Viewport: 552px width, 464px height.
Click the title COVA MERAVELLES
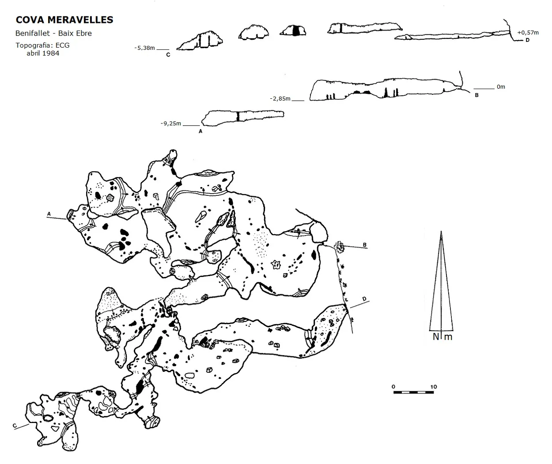coord(64,20)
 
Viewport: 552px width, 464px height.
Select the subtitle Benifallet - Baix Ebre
coord(54,33)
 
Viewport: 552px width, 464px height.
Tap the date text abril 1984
coord(43,53)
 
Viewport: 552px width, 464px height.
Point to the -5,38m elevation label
coord(144,48)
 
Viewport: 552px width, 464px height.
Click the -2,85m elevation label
coord(280,98)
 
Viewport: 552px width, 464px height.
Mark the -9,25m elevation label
coord(171,123)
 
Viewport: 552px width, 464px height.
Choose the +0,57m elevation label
coord(528,33)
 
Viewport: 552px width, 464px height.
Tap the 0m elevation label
coord(501,86)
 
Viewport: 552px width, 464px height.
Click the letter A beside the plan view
coord(49,213)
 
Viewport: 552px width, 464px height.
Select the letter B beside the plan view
coord(365,245)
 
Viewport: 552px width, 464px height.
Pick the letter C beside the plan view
coord(15,426)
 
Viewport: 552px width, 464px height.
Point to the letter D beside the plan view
coord(364,299)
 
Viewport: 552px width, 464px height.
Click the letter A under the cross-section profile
coord(200,131)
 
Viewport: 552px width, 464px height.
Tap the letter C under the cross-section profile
coord(168,55)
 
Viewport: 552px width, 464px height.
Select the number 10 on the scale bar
coord(434,387)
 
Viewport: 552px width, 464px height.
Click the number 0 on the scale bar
coord(393,387)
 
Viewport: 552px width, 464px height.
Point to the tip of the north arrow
coord(441,232)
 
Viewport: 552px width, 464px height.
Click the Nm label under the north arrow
coord(442,337)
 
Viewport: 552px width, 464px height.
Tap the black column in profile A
coord(238,116)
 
